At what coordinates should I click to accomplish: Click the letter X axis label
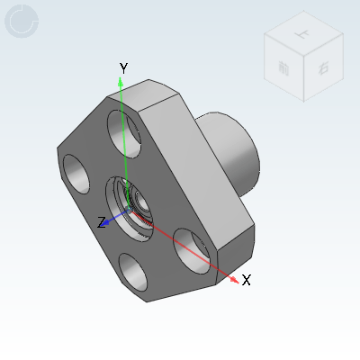coord(246,280)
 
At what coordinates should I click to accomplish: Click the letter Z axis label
coord(102,220)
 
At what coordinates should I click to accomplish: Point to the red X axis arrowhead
coord(236,280)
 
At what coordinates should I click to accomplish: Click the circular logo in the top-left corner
coord(22,22)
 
